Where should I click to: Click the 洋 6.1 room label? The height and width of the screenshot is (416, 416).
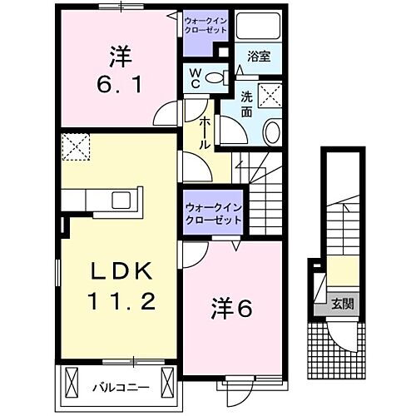(x=119, y=71)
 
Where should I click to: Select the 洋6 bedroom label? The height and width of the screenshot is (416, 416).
(x=235, y=307)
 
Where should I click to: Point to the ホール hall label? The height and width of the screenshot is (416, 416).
(x=202, y=131)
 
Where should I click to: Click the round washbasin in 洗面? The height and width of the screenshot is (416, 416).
(x=272, y=131)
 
